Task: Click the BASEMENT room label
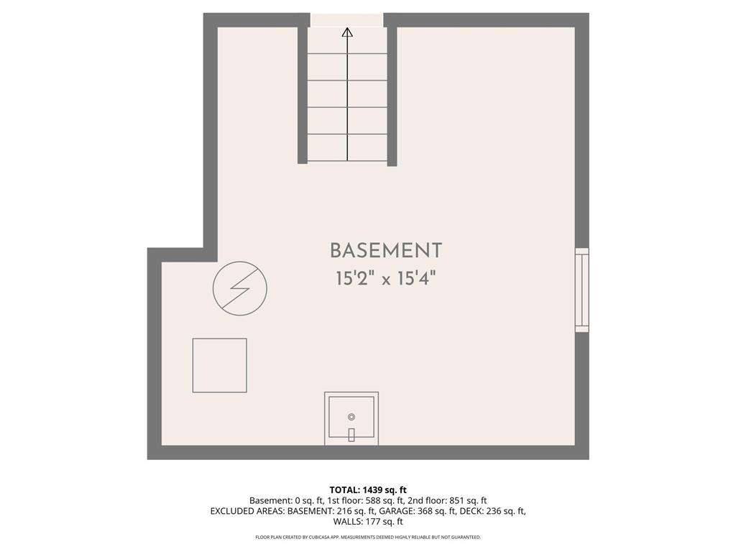tap(386, 251)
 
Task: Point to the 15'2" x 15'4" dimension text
tap(386, 279)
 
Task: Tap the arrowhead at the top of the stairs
tap(347, 32)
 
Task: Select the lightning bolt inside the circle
tap(239, 288)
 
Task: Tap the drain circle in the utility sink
tap(351, 417)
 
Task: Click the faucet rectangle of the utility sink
tap(351, 435)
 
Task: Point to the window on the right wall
tap(582, 290)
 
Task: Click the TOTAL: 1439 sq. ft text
tap(368, 490)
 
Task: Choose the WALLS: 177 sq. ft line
tap(368, 522)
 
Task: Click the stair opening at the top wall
tap(347, 19)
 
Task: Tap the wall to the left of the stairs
tap(303, 96)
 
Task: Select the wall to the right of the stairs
tap(392, 96)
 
